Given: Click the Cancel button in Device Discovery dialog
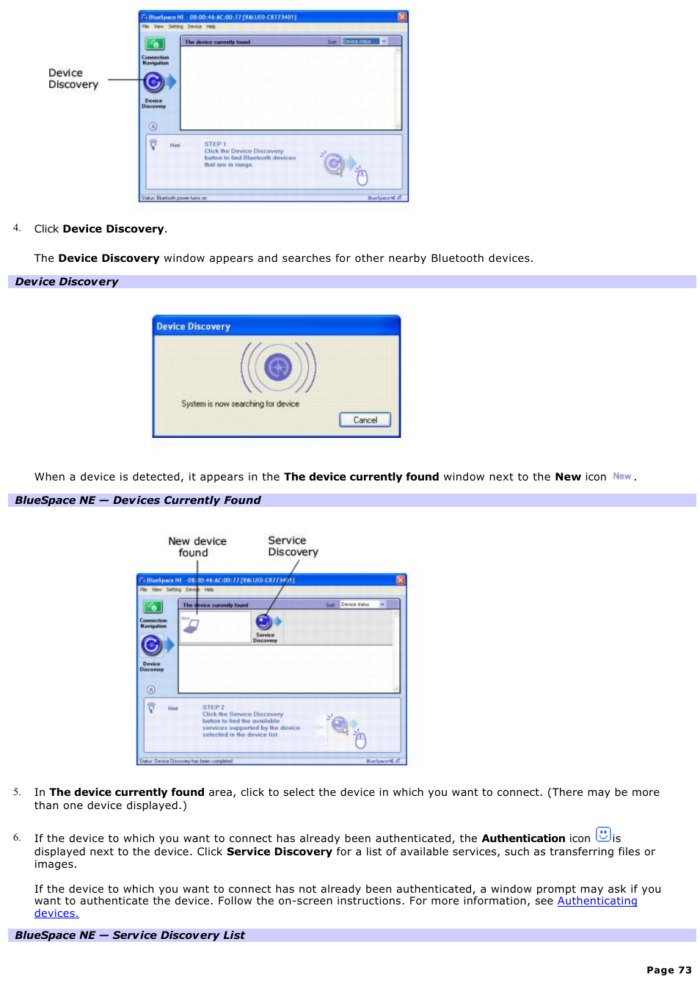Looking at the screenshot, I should pos(365,420).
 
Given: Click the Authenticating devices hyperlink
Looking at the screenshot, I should pos(597,901).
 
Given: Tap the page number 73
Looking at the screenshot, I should pos(668,970).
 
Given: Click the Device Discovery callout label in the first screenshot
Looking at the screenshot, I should pos(73,78).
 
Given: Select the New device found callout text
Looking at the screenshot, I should pos(197,546).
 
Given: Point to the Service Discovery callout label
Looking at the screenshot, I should pos(293,546).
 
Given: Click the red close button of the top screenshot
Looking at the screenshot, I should pos(402,16).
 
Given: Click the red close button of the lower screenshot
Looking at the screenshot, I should pos(401,579).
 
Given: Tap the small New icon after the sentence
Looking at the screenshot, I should pos(621,476).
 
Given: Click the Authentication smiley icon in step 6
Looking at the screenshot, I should pos(603,834).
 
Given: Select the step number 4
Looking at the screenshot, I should pos(16,228).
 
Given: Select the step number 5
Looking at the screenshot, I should pos(16,791).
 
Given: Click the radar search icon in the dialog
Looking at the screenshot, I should pos(278,367).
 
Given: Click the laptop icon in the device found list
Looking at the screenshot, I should pos(191,625).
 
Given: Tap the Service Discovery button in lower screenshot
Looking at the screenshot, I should pos(264,624).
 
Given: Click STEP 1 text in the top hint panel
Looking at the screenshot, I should pos(215,144).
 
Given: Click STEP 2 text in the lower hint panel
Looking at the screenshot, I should pos(214,707).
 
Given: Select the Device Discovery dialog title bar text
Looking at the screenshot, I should pos(193,326).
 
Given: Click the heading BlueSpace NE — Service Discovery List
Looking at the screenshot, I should pos(130,935).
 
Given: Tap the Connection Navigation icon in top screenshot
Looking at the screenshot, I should pos(154,45).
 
